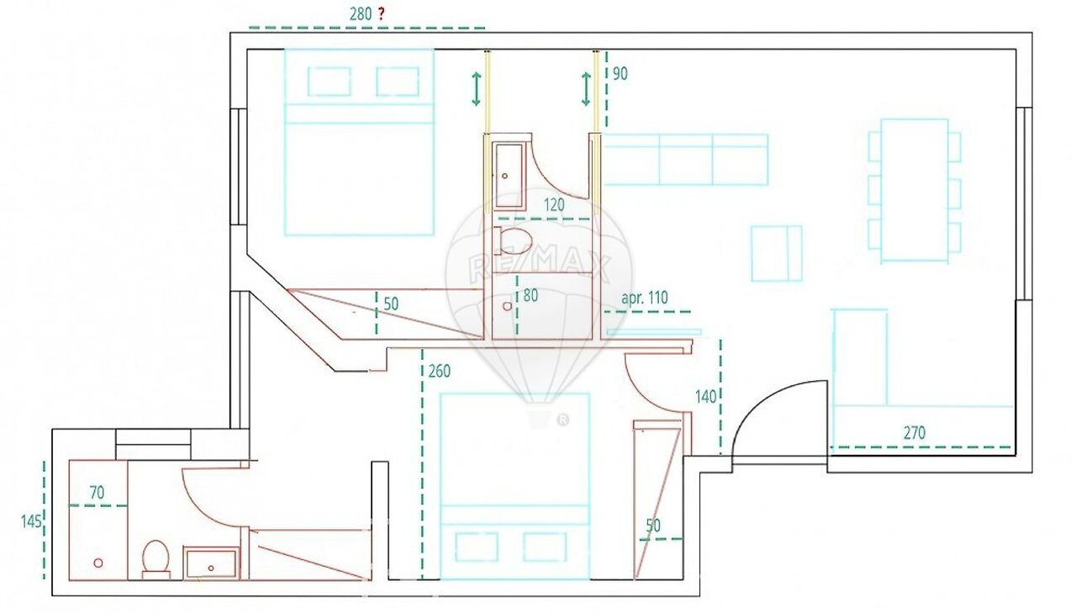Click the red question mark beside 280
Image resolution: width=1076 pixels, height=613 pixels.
tap(381, 14)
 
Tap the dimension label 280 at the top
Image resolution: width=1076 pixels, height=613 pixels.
tap(361, 14)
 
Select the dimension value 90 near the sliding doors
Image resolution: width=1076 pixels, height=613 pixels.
tap(620, 74)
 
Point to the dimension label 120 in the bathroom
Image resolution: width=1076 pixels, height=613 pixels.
tap(554, 205)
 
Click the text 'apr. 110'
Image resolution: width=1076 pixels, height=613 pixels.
tap(645, 298)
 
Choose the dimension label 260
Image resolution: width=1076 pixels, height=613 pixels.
tap(439, 371)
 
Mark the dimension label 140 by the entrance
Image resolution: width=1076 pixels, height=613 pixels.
tap(705, 396)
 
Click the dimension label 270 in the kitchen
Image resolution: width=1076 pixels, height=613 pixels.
tap(914, 433)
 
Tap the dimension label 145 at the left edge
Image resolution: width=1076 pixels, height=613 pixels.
tap(31, 521)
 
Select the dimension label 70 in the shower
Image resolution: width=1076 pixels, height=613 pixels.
tap(97, 493)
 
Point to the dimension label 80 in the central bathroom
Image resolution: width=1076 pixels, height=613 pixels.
tap(530, 295)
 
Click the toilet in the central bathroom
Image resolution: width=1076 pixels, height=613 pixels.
tap(513, 241)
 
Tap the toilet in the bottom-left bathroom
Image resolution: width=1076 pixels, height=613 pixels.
tap(156, 558)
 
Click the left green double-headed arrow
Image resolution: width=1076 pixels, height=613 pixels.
tap(476, 88)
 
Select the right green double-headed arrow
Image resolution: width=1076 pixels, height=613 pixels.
tap(586, 88)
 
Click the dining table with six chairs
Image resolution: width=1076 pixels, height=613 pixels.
tap(915, 191)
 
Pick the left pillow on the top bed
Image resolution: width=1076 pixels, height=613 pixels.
tap(329, 82)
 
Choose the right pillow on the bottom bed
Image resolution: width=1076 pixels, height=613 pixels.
tap(544, 547)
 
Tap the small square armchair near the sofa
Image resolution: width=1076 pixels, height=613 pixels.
tap(777, 253)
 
